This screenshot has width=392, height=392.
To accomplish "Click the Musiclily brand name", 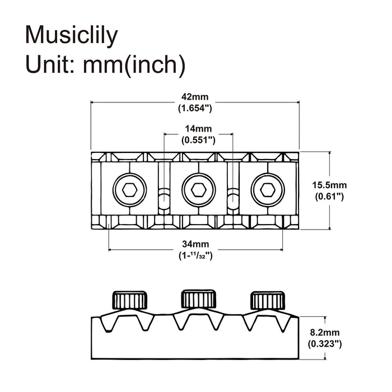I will coord(72,35).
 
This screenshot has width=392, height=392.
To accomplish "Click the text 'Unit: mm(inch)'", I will coord(105,66).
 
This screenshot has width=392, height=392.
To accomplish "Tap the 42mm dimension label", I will coord(196,97).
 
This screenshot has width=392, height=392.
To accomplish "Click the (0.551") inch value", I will coord(198,140).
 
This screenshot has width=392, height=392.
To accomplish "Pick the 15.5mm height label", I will coord(329,185).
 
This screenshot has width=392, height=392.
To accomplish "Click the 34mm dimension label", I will coord(196,244).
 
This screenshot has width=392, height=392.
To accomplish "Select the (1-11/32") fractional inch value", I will coord(196,255).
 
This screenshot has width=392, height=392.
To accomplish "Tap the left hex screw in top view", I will coord(128,190).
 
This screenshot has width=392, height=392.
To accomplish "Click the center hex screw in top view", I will coord(198,190).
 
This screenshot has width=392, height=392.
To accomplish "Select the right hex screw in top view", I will coord(267,190).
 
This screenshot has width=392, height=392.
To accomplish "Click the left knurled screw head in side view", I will coord(132,300).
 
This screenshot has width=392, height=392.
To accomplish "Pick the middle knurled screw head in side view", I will coord(198,299).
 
